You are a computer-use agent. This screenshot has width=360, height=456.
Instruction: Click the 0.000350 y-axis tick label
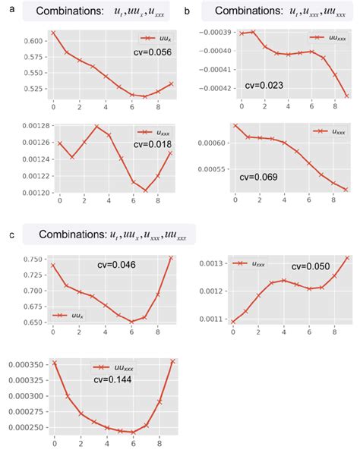[22, 364]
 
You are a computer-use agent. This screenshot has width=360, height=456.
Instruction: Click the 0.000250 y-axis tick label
[22, 428]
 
